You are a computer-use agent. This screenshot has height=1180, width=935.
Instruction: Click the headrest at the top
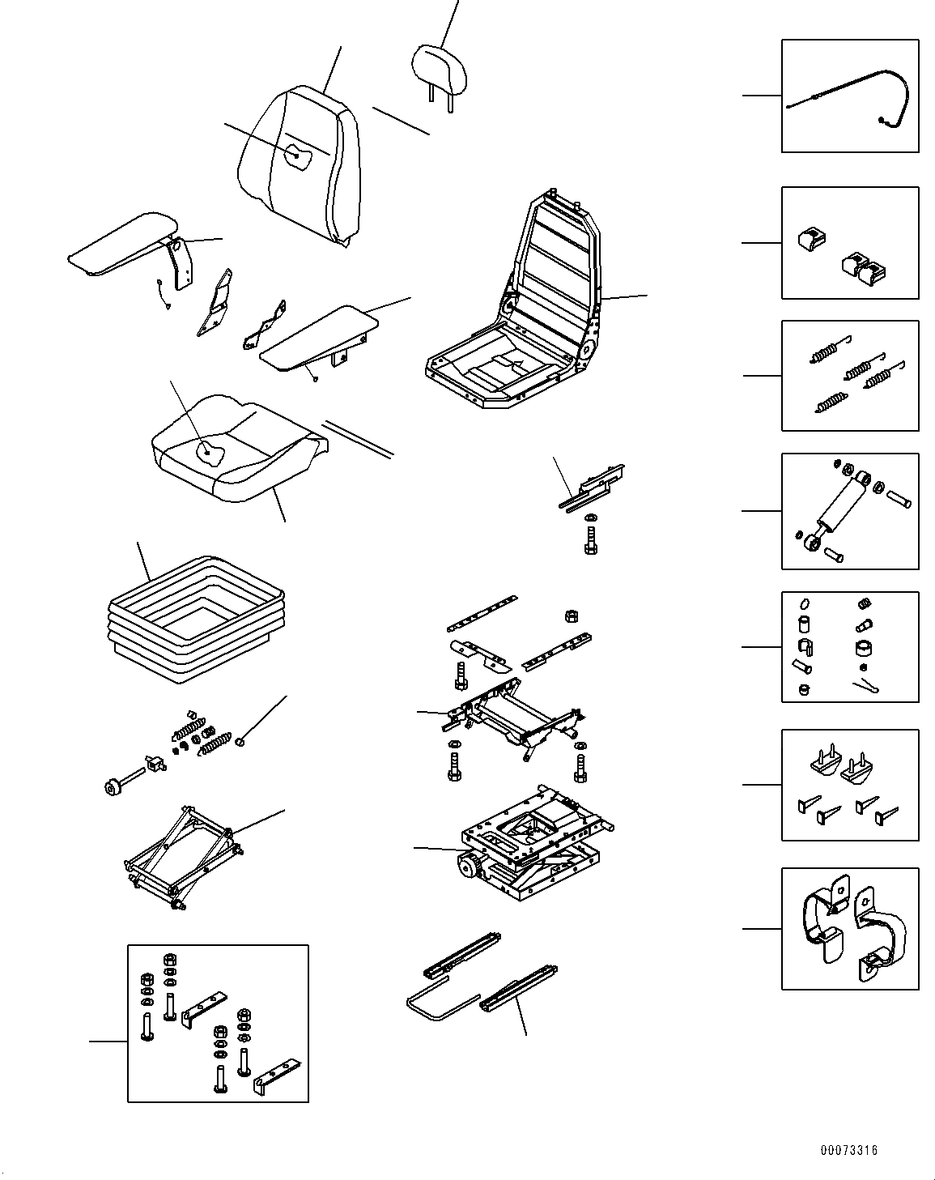tap(440, 67)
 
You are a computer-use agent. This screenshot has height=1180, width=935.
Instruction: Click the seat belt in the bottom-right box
tap(850, 927)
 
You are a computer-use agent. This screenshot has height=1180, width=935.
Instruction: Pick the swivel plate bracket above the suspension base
tap(514, 717)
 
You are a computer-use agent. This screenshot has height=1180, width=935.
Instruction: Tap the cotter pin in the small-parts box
tap(867, 685)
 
